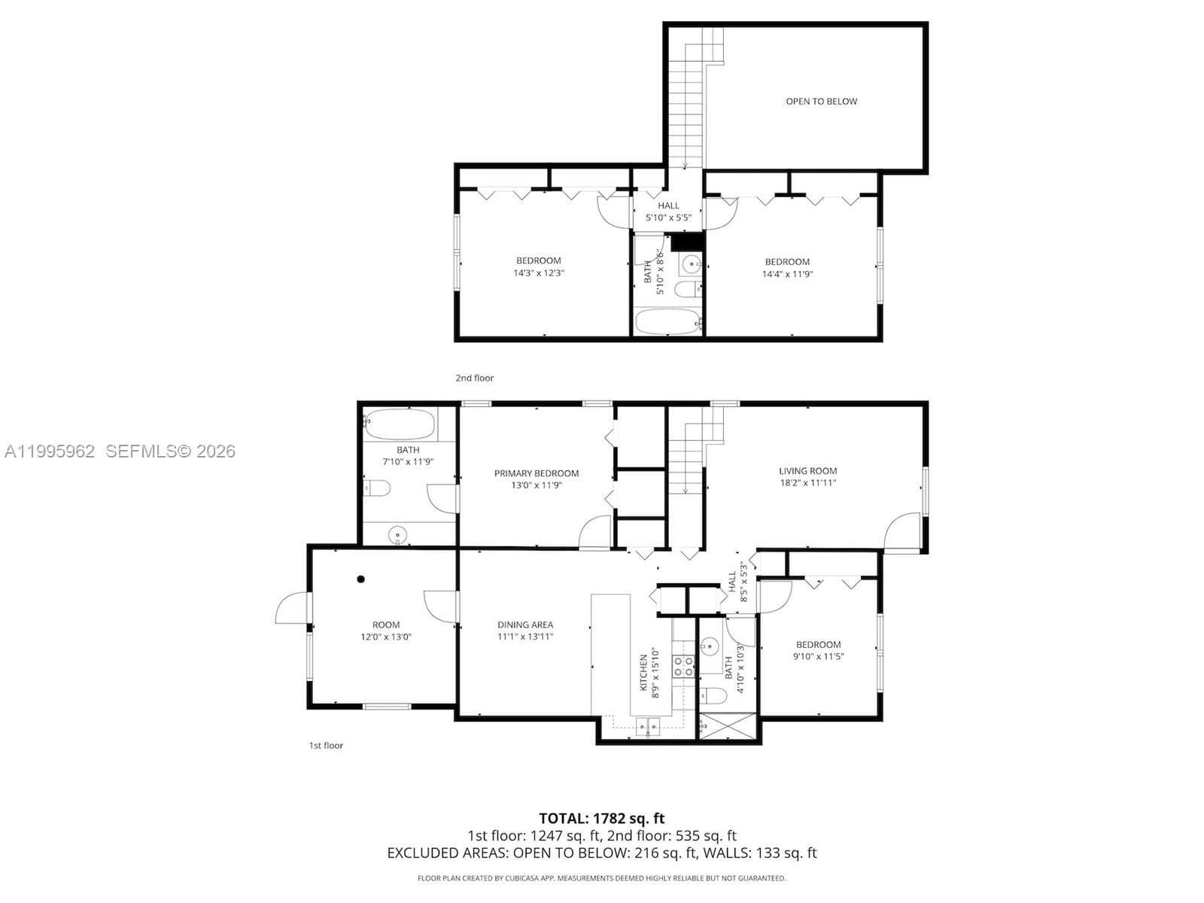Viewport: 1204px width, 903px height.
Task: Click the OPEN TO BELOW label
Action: (821, 102)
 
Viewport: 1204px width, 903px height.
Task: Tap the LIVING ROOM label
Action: (807, 471)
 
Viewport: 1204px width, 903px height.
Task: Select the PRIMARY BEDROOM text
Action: (537, 473)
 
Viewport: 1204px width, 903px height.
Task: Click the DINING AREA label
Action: (524, 625)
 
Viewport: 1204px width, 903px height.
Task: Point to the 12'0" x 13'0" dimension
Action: (386, 637)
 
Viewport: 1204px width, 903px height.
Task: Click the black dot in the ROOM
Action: (361, 579)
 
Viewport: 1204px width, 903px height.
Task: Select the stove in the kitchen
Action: (683, 667)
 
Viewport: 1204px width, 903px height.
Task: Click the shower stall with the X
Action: (727, 726)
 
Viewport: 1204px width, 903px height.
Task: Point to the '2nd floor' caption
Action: (474, 378)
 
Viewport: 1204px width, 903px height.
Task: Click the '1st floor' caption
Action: (326, 746)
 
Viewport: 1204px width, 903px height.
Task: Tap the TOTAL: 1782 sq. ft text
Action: (601, 818)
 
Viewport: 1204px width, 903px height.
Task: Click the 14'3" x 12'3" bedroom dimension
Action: (539, 273)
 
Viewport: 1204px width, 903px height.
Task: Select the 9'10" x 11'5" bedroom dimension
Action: (818, 656)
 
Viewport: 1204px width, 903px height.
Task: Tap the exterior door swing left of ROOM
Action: (293, 608)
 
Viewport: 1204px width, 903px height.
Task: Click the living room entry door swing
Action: (901, 531)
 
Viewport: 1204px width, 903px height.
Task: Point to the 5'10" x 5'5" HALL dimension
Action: (668, 217)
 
